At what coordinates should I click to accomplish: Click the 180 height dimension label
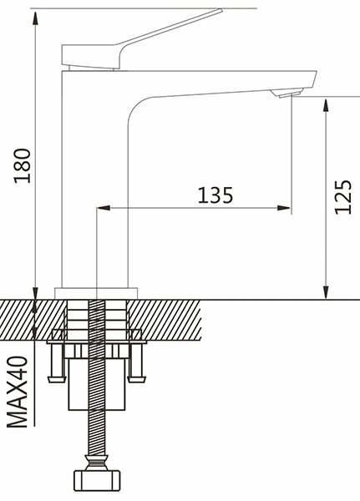tap(23, 165)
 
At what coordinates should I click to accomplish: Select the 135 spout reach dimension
tap(215, 195)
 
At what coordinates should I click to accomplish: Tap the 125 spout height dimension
tap(343, 197)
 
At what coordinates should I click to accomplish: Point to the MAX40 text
tap(18, 392)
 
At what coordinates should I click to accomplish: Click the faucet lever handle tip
tap(220, 11)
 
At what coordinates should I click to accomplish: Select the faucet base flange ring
tap(96, 293)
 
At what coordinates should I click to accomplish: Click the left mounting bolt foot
tap(57, 379)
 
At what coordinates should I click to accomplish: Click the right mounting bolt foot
tap(137, 379)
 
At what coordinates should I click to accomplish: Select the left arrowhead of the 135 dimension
tap(104, 208)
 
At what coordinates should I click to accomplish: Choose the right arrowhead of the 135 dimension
tap(284, 208)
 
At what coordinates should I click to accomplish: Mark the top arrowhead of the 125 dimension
tap(326, 105)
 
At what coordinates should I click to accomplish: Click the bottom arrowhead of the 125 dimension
tap(326, 291)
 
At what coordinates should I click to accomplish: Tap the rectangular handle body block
tap(90, 57)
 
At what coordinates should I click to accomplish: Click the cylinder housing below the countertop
tap(97, 384)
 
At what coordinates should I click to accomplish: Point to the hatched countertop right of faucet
tap(165, 320)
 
